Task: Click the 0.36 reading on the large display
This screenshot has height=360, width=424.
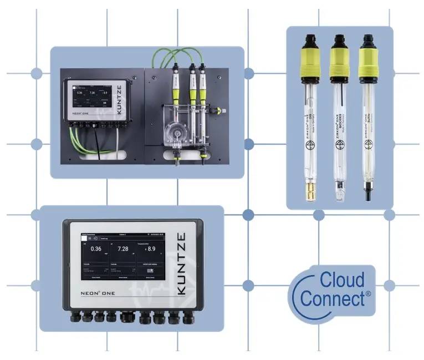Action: [x=95, y=249]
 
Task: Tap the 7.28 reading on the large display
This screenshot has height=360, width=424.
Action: [x=123, y=249]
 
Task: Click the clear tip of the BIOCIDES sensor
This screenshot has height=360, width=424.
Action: [x=338, y=192]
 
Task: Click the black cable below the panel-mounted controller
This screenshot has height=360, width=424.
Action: [x=98, y=144]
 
